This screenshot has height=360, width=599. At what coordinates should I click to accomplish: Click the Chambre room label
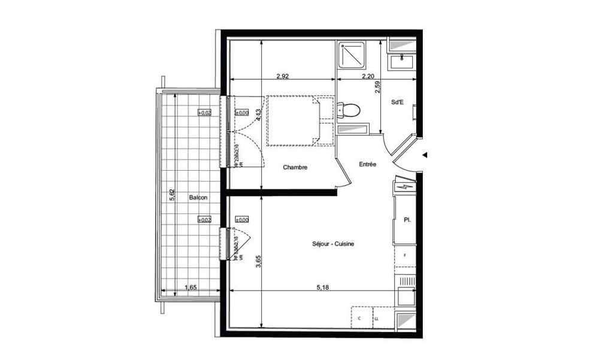click(295, 168)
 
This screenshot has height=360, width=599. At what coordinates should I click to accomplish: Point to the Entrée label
click(367, 164)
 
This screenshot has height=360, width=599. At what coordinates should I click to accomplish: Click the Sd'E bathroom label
click(397, 102)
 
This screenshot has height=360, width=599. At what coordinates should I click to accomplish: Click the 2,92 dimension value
click(283, 76)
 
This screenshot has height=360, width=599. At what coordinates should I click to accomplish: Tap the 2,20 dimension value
click(368, 76)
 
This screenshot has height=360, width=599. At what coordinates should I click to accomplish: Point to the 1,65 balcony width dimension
click(190, 288)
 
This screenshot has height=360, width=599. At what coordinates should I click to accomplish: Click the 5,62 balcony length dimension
click(172, 196)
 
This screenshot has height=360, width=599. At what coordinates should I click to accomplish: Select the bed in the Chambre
click(299, 120)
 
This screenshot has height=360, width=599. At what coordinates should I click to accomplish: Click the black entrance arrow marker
click(425, 155)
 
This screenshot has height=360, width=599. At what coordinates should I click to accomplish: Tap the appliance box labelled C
click(361, 318)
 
